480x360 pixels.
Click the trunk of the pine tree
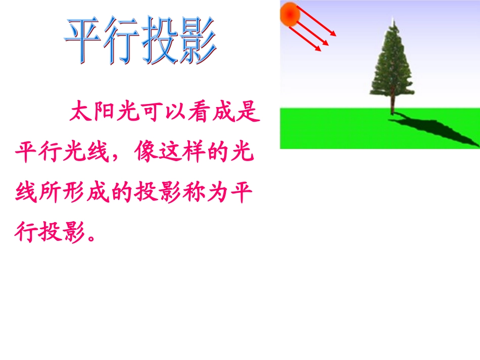coord(393,107)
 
